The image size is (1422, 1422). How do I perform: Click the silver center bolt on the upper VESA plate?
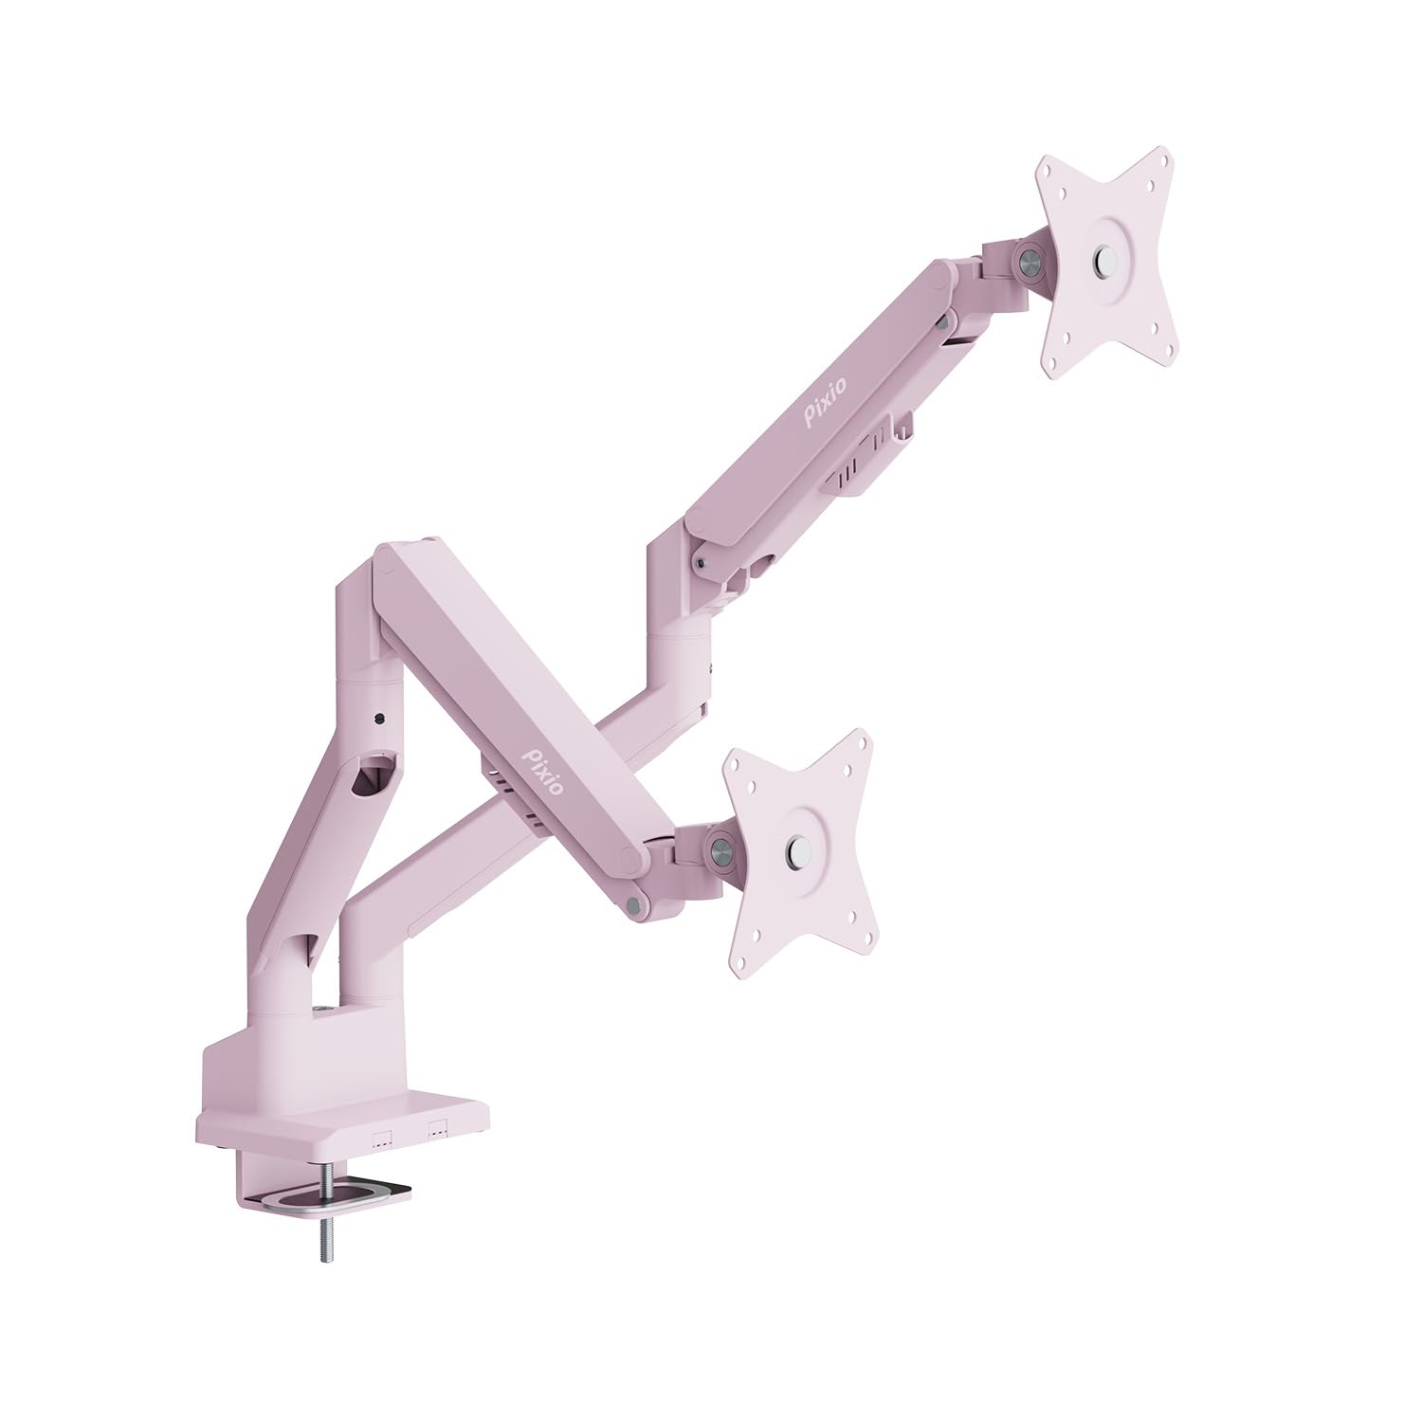pyautogui.click(x=1103, y=259)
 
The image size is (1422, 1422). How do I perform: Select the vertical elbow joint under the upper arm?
pyautogui.click(x=681, y=616)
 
